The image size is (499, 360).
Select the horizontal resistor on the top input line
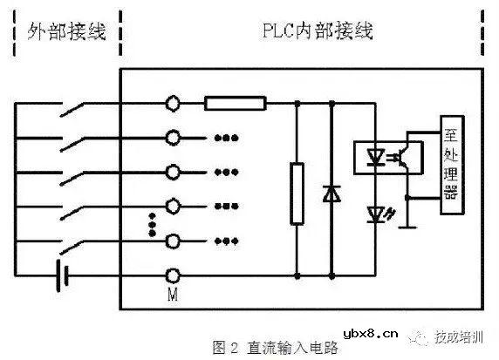click(x=236, y=104)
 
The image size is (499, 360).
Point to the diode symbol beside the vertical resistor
click(x=332, y=193)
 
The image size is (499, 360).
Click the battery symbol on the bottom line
click(x=61, y=274)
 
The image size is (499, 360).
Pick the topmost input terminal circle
click(x=174, y=104)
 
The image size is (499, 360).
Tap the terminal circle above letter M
click(x=174, y=240)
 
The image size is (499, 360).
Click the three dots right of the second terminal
click(x=223, y=138)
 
